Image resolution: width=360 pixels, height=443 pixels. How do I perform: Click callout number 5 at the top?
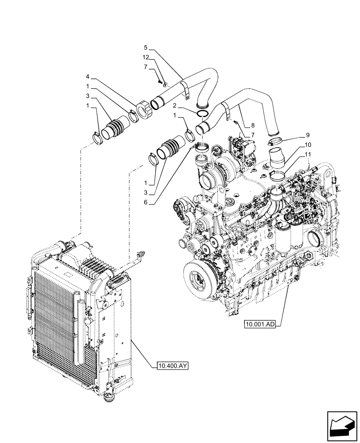(x=145, y=47)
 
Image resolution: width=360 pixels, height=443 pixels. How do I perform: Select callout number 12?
(x=145, y=57)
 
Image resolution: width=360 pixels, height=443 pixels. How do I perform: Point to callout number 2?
(x=176, y=106)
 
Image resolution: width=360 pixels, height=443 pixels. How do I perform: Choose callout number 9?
(x=307, y=135)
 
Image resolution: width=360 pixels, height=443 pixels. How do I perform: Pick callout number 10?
(x=307, y=145)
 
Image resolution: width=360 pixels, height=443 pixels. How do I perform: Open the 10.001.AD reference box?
(x=260, y=324)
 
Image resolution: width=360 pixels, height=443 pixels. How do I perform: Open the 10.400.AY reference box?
(x=172, y=366)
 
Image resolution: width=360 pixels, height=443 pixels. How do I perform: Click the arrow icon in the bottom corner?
(x=341, y=426)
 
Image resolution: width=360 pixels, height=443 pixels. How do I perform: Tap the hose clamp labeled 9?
(x=276, y=142)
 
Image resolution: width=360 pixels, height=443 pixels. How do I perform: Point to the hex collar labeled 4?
(x=145, y=110)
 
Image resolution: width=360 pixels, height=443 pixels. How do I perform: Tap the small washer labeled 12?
(x=164, y=84)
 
